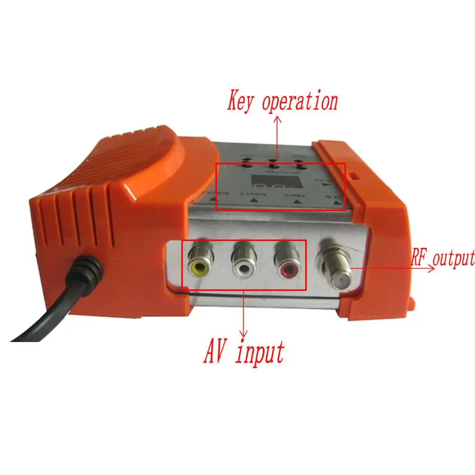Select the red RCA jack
point(287,267)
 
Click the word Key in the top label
point(243,102)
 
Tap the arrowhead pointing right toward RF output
point(432,268)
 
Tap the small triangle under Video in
point(296,202)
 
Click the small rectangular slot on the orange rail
point(354,176)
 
